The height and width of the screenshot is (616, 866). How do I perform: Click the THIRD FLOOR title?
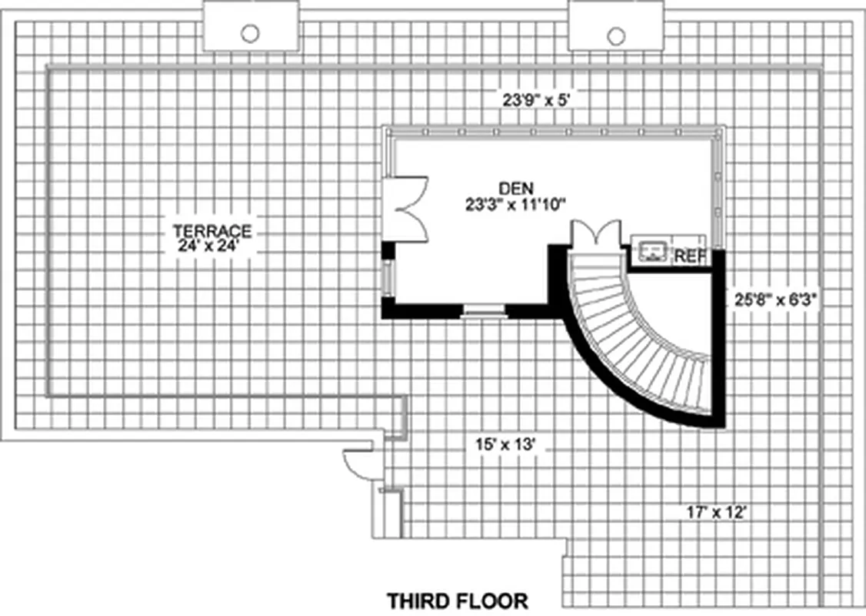457,600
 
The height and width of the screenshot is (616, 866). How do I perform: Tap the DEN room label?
515,188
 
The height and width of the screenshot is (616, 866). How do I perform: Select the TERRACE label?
212,230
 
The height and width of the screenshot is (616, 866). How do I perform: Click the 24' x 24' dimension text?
212,246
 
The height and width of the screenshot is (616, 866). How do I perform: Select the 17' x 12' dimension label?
717,511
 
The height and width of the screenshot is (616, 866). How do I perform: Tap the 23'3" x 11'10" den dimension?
515,204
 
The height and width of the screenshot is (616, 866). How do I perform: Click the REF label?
689,256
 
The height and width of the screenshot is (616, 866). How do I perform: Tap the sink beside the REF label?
651,251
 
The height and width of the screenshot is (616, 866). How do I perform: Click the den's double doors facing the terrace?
408,209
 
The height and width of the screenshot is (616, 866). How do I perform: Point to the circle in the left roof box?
250,33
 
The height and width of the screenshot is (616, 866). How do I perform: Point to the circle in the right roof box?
615,35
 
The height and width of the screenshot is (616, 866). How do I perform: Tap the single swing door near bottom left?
358,464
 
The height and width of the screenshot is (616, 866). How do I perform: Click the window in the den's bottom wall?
484,310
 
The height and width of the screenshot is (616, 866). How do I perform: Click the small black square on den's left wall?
388,250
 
